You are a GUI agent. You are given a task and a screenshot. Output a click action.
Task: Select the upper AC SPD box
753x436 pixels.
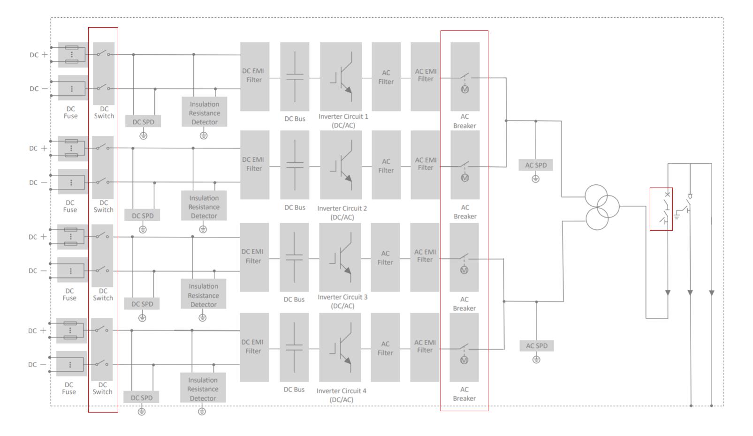[536, 165]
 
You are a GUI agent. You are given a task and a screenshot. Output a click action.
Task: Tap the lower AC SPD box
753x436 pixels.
[536, 346]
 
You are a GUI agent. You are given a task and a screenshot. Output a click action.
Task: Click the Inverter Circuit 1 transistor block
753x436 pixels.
[341, 77]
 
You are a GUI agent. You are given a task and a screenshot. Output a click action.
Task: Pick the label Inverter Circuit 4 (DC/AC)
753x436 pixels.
[342, 395]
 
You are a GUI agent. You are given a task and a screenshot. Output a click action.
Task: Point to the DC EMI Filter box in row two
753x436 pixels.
[254, 165]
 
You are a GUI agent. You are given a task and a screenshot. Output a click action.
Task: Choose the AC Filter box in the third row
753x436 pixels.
[385, 257]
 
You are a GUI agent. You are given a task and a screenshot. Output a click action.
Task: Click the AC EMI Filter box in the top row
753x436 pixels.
[425, 76]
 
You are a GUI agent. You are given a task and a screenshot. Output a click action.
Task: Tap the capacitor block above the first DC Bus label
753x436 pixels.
[295, 77]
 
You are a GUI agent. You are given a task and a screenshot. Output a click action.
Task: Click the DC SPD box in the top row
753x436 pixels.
[143, 121]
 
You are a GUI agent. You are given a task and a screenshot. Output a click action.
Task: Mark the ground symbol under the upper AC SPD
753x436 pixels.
[536, 179]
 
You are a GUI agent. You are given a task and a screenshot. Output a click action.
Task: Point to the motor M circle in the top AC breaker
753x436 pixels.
[464, 89]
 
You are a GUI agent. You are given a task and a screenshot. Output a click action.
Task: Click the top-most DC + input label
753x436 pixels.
[38, 55]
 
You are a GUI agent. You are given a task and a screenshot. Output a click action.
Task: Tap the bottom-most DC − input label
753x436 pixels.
[37, 365]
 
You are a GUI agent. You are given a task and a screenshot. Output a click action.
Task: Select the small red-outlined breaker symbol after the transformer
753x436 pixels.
[661, 209]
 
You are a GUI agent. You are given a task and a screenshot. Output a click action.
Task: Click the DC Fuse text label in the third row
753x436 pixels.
[69, 294]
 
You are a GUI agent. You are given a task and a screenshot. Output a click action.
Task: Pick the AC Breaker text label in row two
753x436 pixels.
[465, 212]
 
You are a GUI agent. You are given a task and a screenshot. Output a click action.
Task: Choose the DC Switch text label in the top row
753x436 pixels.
[104, 113]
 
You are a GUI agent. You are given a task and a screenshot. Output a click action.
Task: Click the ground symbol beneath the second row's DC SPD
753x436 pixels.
[143, 230]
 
